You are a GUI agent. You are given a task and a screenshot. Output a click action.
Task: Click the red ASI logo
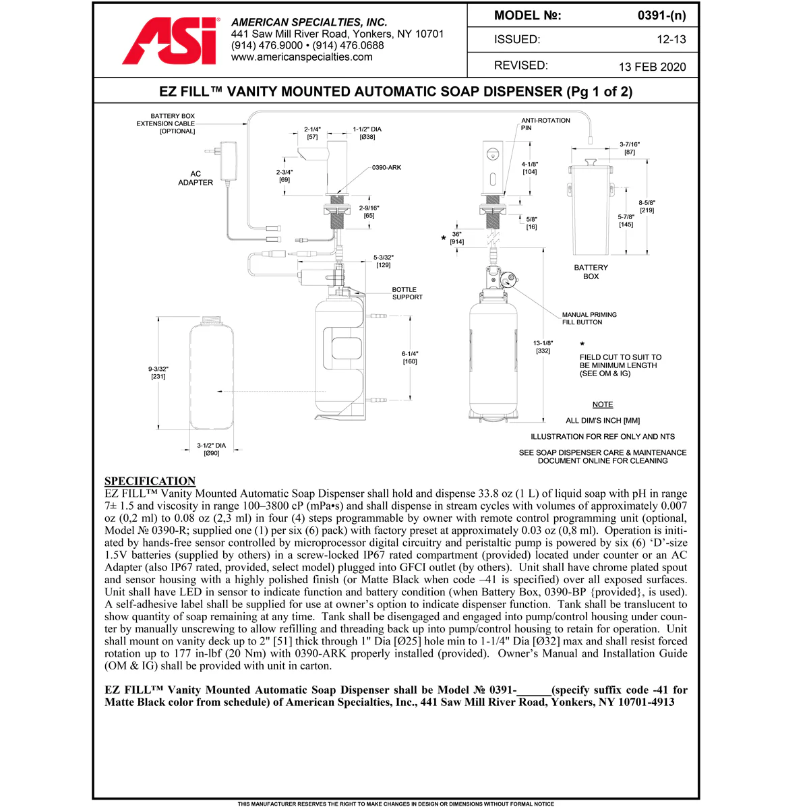pyautogui.click(x=171, y=42)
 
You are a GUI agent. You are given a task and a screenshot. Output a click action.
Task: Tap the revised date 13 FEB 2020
pyautogui.click(x=652, y=67)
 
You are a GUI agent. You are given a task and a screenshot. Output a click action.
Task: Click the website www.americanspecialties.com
pyautogui.click(x=301, y=57)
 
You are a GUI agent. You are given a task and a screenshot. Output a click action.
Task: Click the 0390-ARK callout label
pyautogui.click(x=386, y=167)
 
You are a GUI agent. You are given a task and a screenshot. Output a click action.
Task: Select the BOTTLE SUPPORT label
pyautogui.click(x=407, y=293)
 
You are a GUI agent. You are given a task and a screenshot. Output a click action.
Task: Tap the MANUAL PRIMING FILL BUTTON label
pyautogui.click(x=589, y=318)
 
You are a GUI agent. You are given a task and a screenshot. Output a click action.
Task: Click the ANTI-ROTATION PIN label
pyautogui.click(x=545, y=124)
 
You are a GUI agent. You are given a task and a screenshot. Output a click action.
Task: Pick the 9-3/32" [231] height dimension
pyautogui.click(x=158, y=373)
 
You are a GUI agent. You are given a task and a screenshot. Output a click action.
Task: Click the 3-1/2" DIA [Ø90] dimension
pyautogui.click(x=212, y=450)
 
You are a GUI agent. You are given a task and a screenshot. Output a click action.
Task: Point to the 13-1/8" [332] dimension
pyautogui.click(x=543, y=347)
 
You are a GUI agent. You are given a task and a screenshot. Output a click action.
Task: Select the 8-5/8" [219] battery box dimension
pyautogui.click(x=647, y=206)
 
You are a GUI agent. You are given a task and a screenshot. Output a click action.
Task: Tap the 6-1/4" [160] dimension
pyautogui.click(x=410, y=357)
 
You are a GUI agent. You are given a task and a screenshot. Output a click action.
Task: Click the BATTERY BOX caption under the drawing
pyautogui.click(x=591, y=272)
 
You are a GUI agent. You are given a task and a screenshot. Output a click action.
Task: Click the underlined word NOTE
pyautogui.click(x=603, y=404)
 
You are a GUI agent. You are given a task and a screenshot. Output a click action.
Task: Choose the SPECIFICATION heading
pyautogui.click(x=150, y=481)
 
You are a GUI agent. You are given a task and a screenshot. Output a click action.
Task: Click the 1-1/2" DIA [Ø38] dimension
pyautogui.click(x=367, y=133)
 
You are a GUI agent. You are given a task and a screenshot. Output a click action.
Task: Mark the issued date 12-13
pyautogui.click(x=671, y=40)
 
